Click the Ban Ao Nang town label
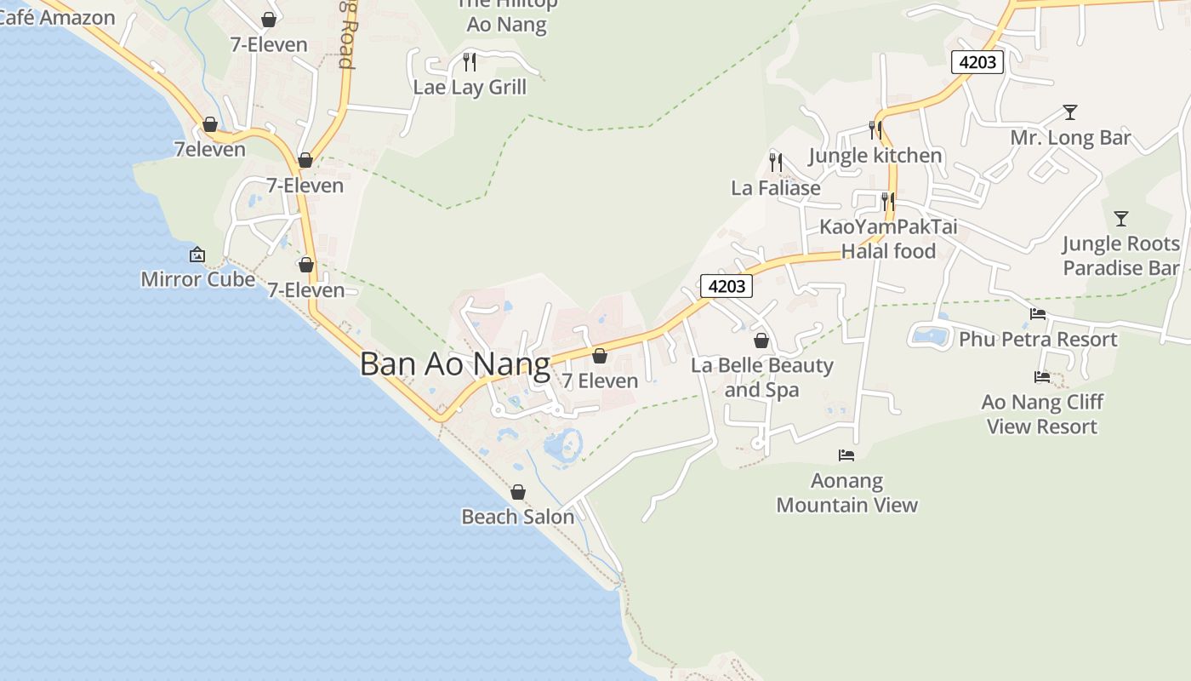(x=455, y=364)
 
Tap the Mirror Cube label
(x=197, y=279)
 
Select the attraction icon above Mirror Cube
(x=197, y=255)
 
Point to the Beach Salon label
(x=517, y=517)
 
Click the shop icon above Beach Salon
(x=517, y=492)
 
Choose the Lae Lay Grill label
(x=470, y=87)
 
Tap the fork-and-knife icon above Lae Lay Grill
(x=469, y=61)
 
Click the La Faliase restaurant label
(x=776, y=187)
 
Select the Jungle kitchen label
(x=875, y=156)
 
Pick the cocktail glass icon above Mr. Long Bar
(x=1070, y=112)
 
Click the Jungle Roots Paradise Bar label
(x=1120, y=255)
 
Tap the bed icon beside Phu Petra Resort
(x=1038, y=314)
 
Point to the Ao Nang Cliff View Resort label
(x=1042, y=414)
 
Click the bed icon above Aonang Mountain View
(x=846, y=455)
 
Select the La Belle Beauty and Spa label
(x=761, y=377)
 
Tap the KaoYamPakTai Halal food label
(x=888, y=239)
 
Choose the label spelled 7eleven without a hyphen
(x=209, y=150)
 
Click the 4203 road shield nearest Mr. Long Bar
(x=977, y=62)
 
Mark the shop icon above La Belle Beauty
(x=761, y=340)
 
